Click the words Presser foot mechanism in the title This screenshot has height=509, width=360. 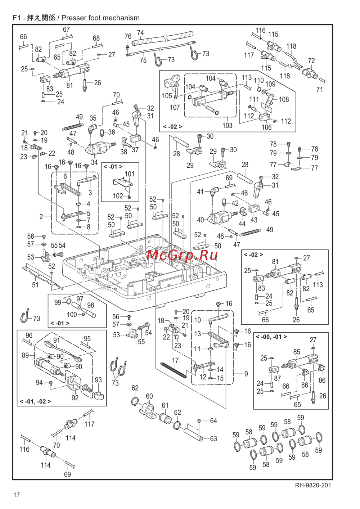pos(100,18)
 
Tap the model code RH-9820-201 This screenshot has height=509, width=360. pos(313,485)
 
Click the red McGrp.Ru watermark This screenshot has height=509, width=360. pos(183,255)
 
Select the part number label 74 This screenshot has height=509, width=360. pos(140,33)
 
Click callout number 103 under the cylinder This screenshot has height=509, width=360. pos(227,125)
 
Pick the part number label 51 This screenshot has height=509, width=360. pos(35,285)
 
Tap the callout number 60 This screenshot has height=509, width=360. pos(149,396)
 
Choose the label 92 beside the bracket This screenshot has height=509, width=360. pos(75,398)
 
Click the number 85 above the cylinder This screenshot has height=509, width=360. pos(297,352)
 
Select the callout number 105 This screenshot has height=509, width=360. pos(167,96)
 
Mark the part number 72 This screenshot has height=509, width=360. pos(311,61)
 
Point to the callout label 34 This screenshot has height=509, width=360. pos(94,162)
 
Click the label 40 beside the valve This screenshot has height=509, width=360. pos(201,220)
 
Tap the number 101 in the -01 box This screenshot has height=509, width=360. pos(129,174)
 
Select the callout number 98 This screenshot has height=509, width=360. pos(91,305)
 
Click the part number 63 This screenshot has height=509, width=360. pos(213,438)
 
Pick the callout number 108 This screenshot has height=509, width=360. pos(284,99)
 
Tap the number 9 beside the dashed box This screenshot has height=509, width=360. pos(246,374)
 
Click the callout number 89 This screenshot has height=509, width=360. pos(25,355)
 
